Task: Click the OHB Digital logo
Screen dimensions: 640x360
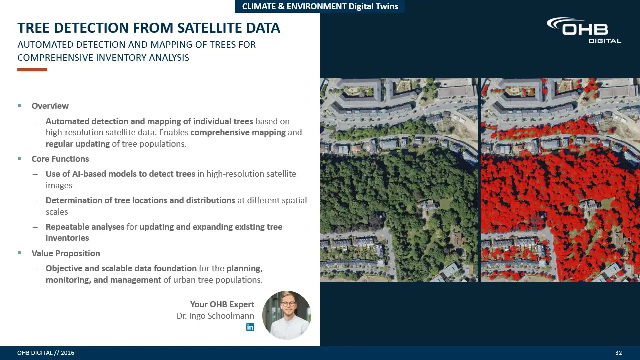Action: tap(584, 30)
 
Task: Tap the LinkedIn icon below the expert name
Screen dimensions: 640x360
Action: tap(250, 327)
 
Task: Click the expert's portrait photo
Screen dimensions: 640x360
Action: tap(287, 315)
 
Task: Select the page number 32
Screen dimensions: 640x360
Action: tap(618, 353)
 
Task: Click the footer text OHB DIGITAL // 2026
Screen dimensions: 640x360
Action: tap(46, 353)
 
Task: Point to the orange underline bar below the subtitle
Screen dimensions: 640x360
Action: tap(32, 70)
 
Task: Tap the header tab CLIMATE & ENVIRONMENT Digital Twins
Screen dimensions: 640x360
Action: tap(320, 6)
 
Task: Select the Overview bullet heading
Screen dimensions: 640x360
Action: tap(50, 106)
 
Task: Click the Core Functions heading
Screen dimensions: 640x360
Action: tap(60, 159)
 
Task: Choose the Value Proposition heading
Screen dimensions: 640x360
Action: tap(66, 253)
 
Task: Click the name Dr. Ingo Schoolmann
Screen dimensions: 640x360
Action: tap(215, 316)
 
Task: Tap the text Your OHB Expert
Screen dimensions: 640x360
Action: tap(222, 304)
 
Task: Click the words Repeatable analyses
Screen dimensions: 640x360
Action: tap(85, 227)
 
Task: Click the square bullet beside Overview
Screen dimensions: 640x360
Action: tap(19, 105)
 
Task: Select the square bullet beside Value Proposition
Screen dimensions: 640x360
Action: tap(19, 253)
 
